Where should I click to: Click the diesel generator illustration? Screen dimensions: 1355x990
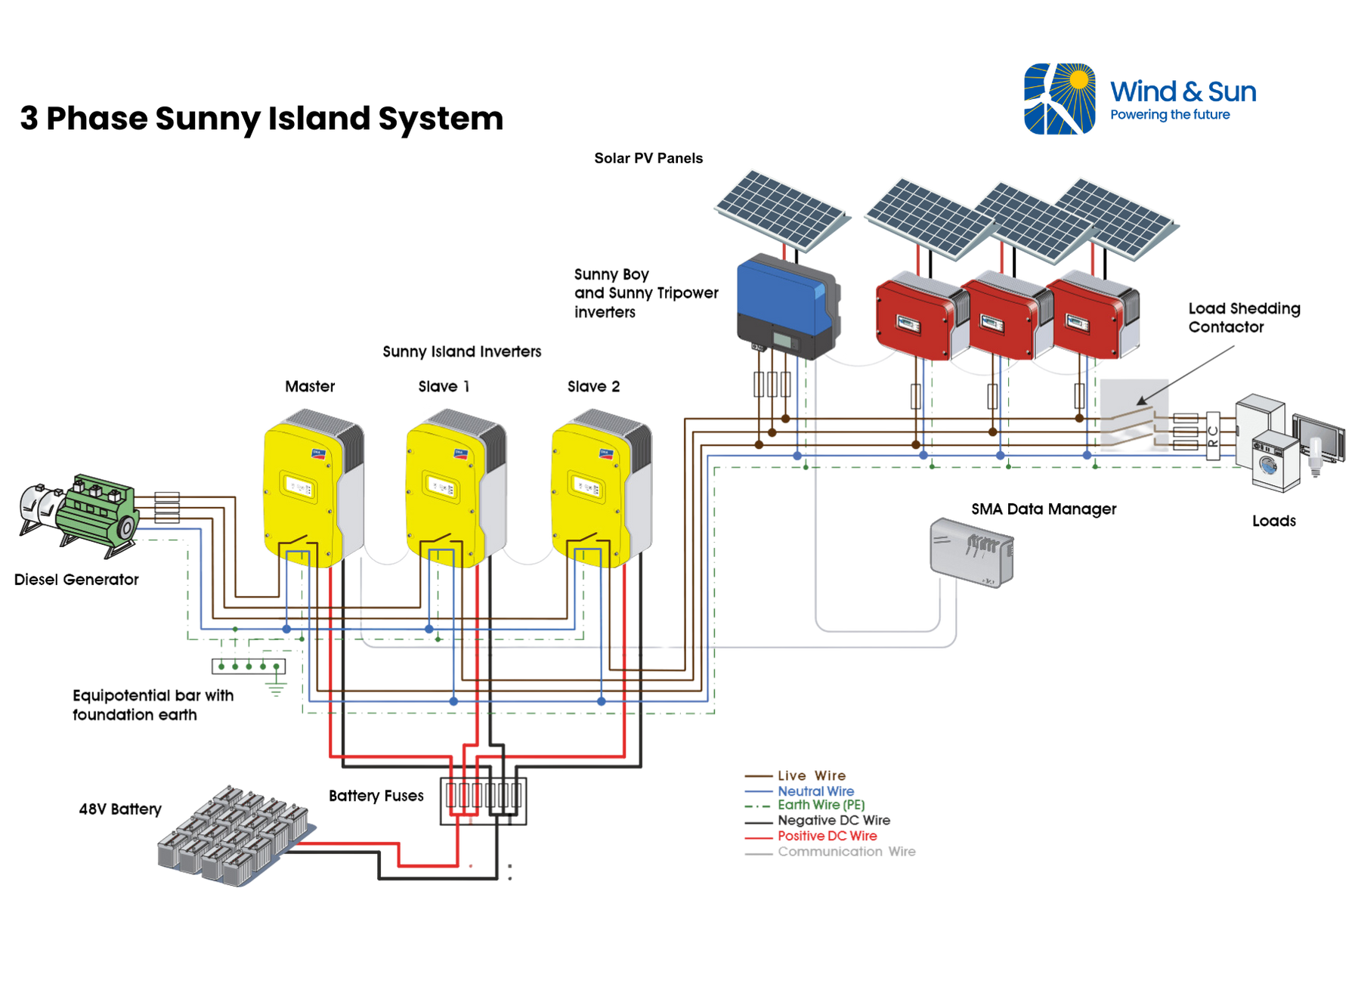pos(79,515)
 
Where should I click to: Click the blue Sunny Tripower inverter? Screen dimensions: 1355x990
pos(788,306)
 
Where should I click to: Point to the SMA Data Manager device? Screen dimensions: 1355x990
pos(971,552)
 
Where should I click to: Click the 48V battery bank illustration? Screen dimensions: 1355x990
pos(235,834)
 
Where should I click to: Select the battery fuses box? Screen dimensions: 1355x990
pos(484,800)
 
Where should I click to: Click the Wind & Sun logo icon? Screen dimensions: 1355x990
pos(1060,99)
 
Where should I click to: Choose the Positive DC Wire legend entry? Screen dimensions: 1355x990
pos(811,836)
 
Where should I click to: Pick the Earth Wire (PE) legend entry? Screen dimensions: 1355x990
pos(805,805)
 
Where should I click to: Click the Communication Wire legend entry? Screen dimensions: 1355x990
pos(830,852)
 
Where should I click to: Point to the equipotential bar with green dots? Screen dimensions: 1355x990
pos(249,666)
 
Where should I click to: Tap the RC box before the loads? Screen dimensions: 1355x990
pos(1213,435)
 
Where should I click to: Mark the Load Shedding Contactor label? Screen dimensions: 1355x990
pos(1244,317)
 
